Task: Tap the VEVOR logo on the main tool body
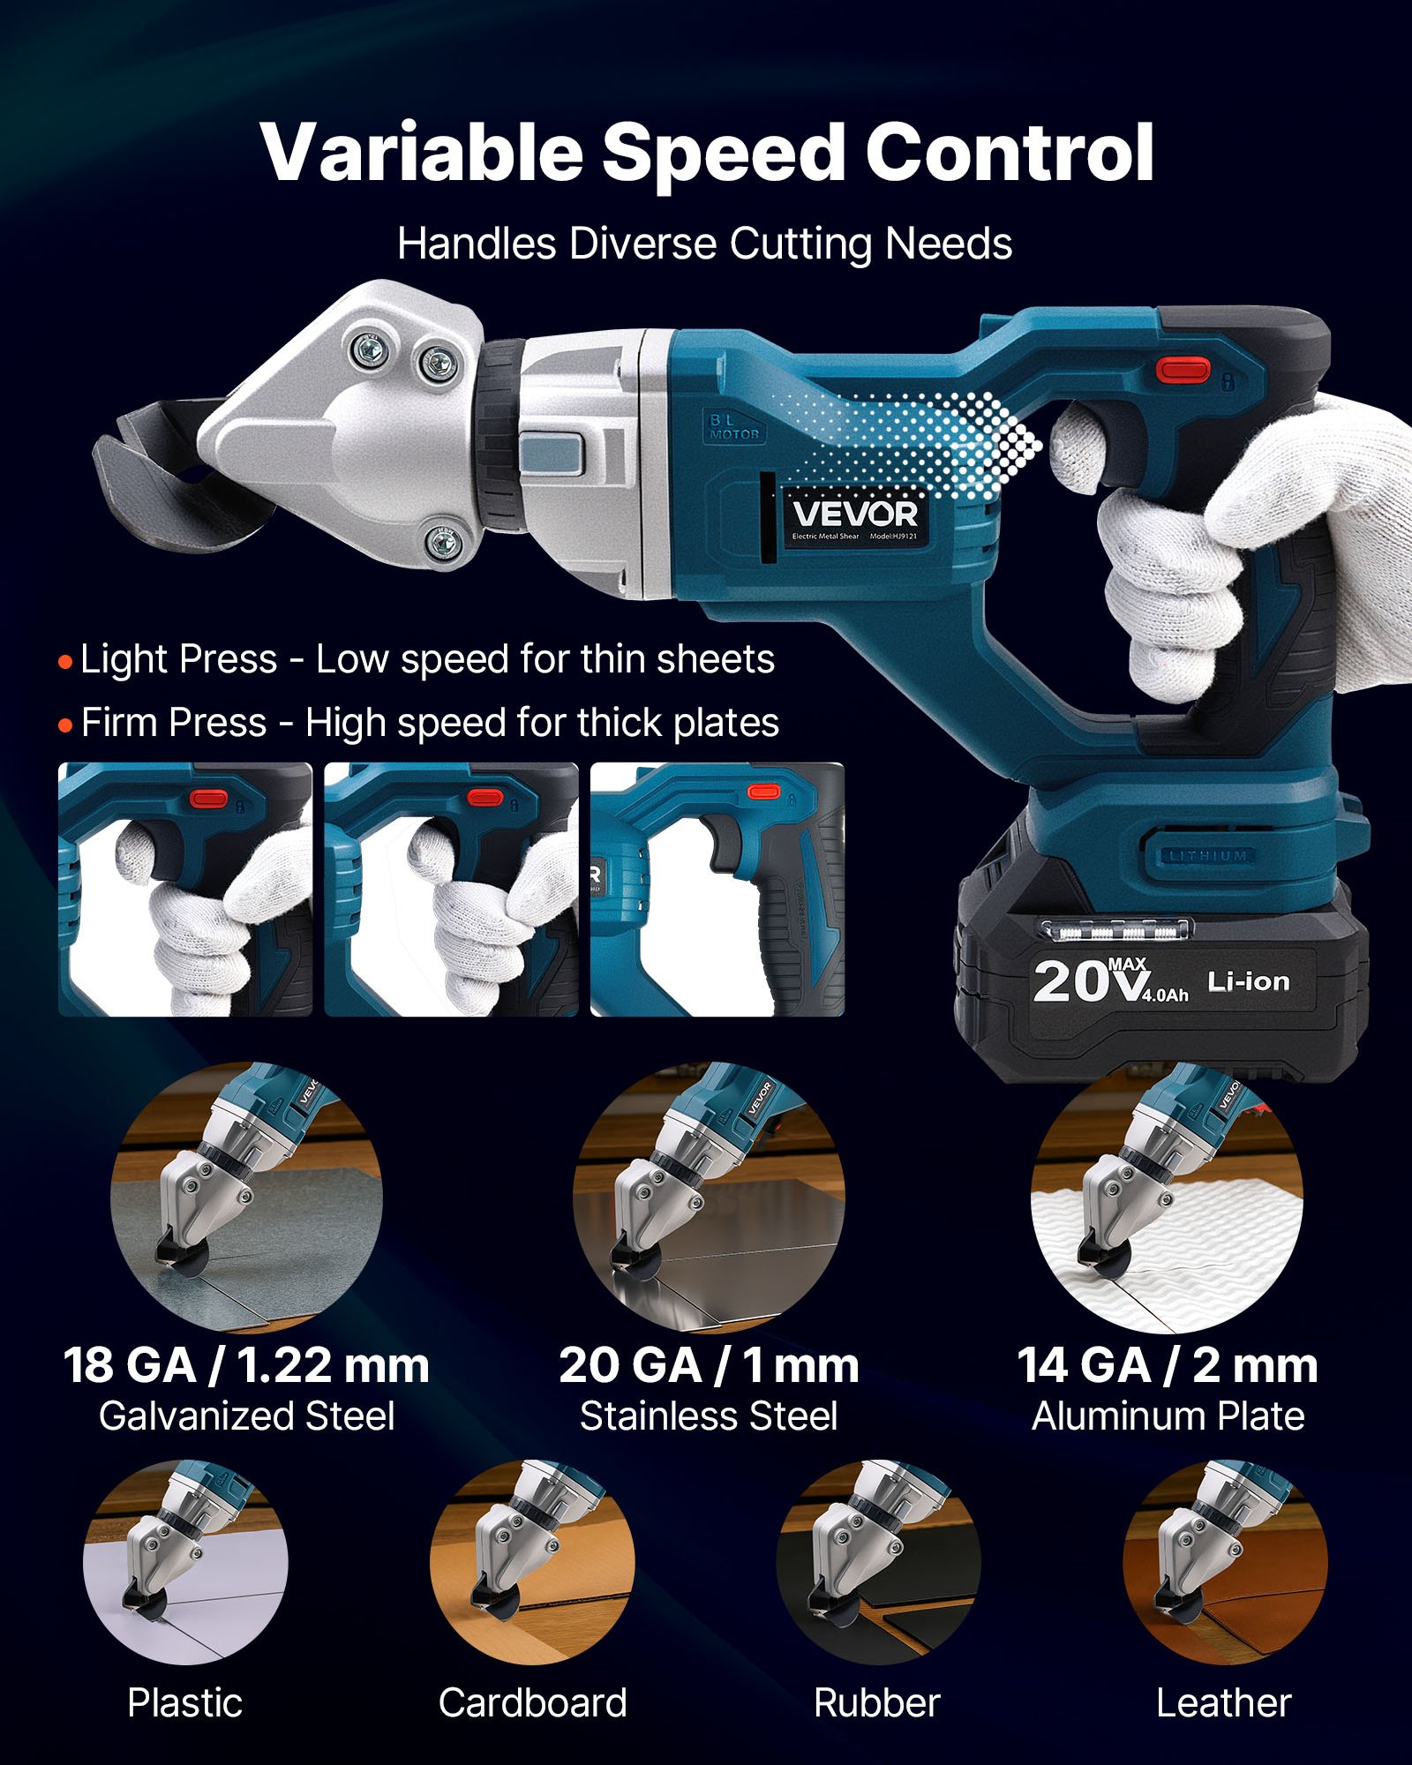[854, 514]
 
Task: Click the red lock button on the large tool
[1183, 369]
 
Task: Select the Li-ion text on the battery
[1248, 981]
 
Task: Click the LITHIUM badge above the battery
[1207, 855]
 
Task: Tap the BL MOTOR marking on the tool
[734, 427]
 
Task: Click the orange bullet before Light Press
[65, 662]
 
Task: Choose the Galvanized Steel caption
[246, 1416]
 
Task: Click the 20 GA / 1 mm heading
[709, 1365]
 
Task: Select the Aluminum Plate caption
[1168, 1416]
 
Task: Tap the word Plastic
[184, 1702]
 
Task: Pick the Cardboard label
[532, 1702]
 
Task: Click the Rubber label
[876, 1702]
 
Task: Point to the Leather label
[1223, 1702]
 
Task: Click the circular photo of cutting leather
[1224, 1562]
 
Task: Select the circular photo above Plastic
[185, 1562]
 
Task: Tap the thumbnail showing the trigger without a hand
[717, 890]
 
